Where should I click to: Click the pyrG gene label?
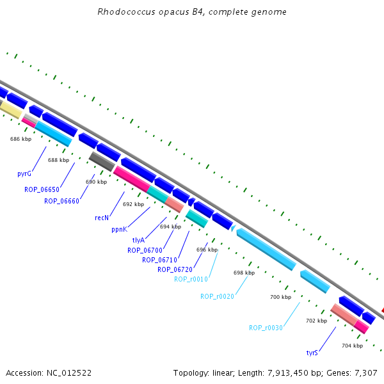[x=24, y=173]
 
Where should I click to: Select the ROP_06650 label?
[x=42, y=189]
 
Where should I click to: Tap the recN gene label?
[x=102, y=218]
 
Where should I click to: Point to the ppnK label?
[x=119, y=230]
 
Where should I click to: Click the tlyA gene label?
[x=138, y=240]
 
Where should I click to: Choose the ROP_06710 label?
[x=159, y=260]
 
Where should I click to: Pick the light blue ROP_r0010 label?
[x=191, y=279]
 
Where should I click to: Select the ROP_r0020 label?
[x=217, y=296]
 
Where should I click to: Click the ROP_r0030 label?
[x=266, y=328]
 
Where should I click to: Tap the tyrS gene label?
[x=312, y=353]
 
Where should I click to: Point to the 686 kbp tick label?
[x=21, y=139]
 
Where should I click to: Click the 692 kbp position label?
[x=134, y=204]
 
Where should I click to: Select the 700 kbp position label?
[x=281, y=297]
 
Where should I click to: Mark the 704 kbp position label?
[x=353, y=346]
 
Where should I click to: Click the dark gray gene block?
[x=102, y=161]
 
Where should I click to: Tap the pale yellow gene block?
[x=10, y=110]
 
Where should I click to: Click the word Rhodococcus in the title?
[x=126, y=12]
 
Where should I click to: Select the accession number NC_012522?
[x=69, y=373]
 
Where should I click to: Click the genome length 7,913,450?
[x=288, y=373]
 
